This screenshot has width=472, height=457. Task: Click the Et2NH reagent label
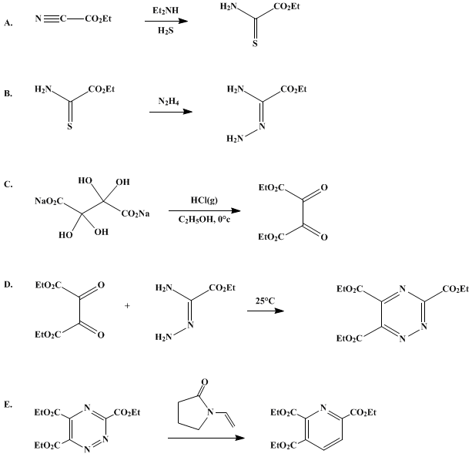(166, 11)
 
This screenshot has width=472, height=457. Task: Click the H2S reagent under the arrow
(166, 31)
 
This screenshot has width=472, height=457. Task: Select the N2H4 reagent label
(169, 102)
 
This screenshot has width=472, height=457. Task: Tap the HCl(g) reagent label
(204, 200)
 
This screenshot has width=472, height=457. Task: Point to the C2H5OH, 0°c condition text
(204, 220)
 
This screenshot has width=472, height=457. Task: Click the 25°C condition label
(265, 301)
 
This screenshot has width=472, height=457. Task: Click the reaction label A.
(8, 23)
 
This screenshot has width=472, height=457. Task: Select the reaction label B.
(8, 94)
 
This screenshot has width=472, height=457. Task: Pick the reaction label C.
(8, 184)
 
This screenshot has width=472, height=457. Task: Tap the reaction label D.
(8, 284)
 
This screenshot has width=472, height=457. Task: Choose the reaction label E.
(8, 405)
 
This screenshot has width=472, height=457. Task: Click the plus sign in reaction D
(127, 306)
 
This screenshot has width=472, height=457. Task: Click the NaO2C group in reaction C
(49, 201)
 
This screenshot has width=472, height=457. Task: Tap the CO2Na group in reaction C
(136, 214)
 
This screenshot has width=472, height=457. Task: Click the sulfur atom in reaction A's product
(255, 44)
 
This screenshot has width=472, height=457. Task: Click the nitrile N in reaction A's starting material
(38, 18)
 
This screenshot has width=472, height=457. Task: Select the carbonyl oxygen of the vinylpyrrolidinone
(204, 382)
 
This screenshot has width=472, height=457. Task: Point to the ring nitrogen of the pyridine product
(323, 408)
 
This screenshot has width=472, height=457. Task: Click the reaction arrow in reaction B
(171, 112)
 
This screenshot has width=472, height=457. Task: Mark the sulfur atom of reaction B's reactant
(69, 126)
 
